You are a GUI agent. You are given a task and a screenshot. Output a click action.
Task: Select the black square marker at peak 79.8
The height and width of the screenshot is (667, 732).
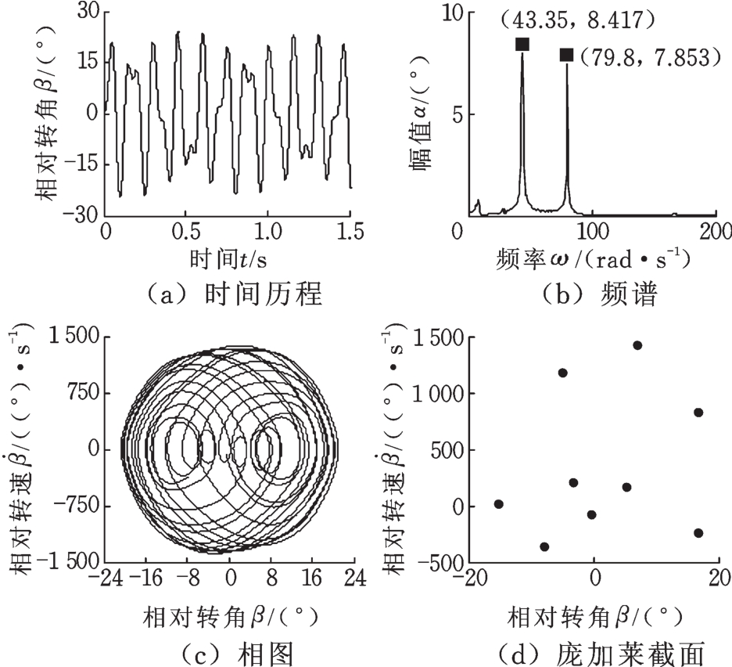[x=566, y=54]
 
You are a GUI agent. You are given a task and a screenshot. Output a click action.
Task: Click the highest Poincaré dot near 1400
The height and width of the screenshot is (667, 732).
[x=637, y=345]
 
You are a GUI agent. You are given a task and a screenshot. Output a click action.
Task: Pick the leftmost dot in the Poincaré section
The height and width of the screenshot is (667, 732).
[x=498, y=504]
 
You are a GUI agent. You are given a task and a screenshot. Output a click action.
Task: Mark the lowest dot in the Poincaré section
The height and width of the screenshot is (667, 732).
[x=544, y=546]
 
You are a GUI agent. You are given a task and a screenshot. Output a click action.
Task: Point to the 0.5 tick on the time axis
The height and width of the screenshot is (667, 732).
[x=186, y=231]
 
